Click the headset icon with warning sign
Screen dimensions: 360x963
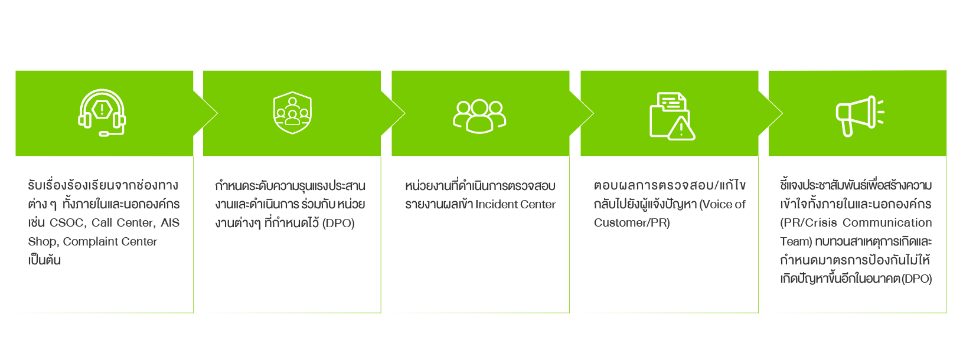[102, 112]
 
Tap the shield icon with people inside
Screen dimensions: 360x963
[292, 112]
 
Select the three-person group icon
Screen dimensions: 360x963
[479, 115]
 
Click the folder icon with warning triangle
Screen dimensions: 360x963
[671, 116]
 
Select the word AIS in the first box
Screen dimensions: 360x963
[170, 223]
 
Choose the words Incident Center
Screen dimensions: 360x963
[515, 205]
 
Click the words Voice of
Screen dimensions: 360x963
[723, 205]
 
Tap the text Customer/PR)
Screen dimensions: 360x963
[632, 223]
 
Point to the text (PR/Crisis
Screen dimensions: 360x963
[808, 223]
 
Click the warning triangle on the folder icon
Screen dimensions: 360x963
[681, 129]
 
